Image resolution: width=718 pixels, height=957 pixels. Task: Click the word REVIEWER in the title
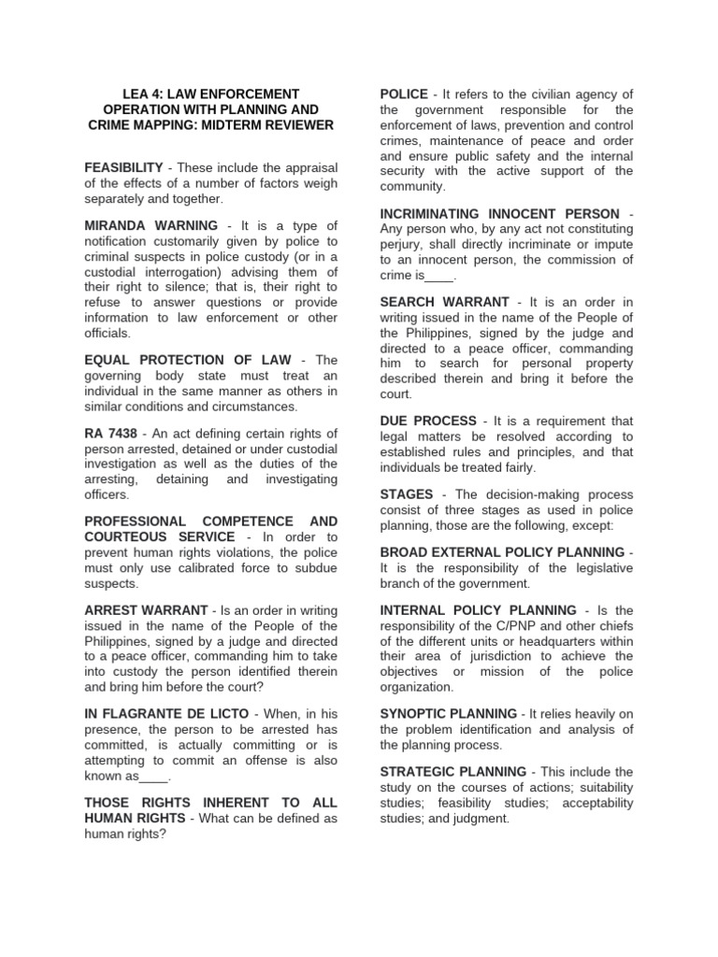[293, 125]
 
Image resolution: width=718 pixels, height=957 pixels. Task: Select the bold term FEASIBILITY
[124, 166]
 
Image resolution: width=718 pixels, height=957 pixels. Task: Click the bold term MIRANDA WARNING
[150, 226]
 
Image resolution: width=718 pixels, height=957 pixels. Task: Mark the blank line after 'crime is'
[439, 275]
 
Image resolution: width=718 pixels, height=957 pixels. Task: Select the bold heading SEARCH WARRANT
[444, 302]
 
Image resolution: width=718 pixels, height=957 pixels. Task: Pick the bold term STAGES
[407, 494]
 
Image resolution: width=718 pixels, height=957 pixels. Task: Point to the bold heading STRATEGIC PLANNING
[453, 772]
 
